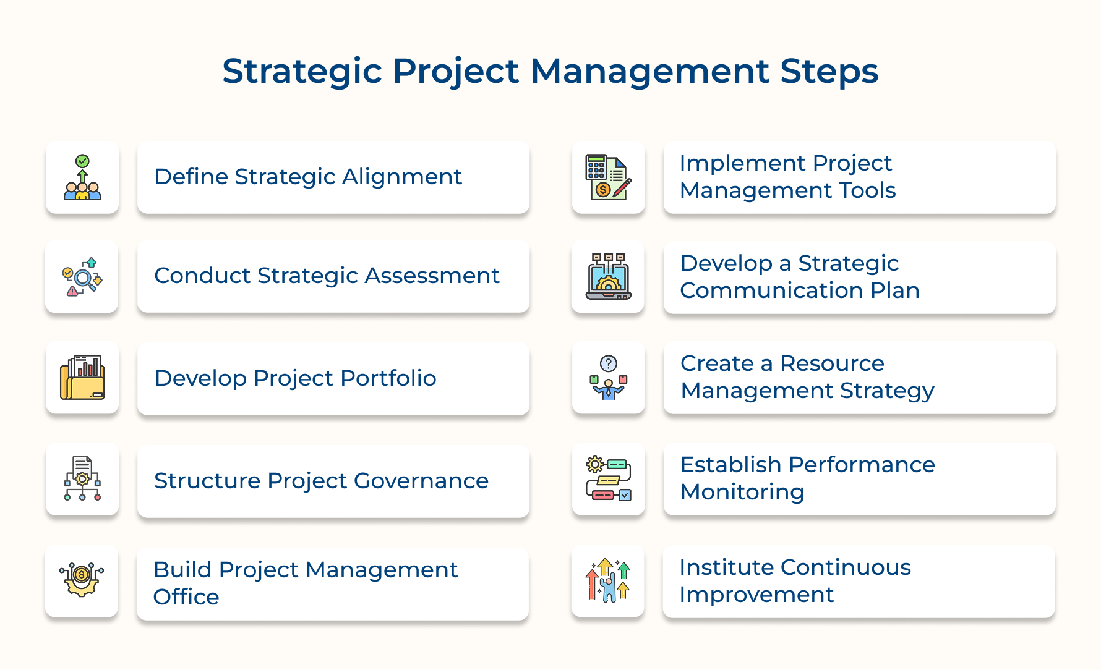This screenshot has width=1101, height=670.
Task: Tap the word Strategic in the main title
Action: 302,72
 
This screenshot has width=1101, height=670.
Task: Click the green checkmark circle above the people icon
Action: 82,161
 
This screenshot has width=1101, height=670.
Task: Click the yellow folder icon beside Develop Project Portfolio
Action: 82,377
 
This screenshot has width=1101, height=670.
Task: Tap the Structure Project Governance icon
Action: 82,478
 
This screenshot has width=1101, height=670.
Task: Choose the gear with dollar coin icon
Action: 82,579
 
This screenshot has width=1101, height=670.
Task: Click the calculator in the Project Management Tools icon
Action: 596,167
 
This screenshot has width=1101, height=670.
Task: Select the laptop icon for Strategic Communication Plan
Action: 609,276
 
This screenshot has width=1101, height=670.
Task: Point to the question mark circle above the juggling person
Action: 609,363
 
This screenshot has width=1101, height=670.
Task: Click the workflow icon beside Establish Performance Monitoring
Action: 609,478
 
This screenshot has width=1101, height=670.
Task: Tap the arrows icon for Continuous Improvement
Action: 609,579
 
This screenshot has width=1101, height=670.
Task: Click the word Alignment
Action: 402,177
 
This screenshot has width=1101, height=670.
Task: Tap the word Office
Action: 186,597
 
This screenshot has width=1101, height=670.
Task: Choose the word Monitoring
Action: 742,492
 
